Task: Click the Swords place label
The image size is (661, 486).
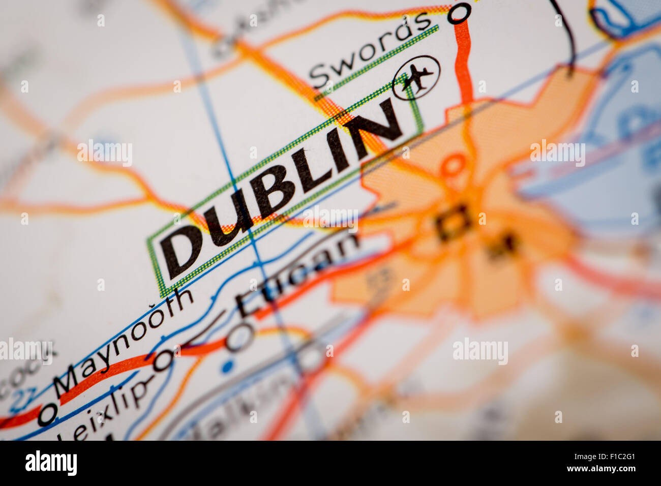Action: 370,50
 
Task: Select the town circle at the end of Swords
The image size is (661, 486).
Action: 459,13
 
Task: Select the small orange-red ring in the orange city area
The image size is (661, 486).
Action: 453,165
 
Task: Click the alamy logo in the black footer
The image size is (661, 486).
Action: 51,463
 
